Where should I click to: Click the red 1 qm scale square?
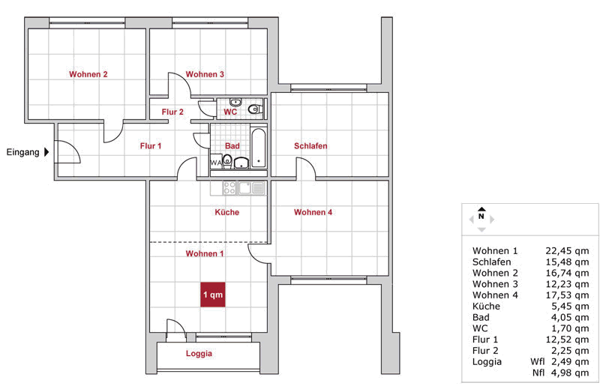tap(213, 295)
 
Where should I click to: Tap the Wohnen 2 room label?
tap(88, 74)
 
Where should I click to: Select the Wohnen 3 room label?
tap(205, 74)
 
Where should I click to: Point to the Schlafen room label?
tap(310, 145)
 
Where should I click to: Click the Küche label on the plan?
tap(227, 212)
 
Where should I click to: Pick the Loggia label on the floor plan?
tap(199, 353)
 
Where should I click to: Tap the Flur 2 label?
tap(172, 112)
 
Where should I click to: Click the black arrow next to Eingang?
tap(46, 152)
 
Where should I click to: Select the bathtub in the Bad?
tap(259, 148)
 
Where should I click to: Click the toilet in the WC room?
tap(255, 109)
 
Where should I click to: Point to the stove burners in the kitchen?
tap(229, 188)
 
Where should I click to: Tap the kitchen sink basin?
tap(244, 188)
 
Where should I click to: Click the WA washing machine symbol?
tap(216, 162)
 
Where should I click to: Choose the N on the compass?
tap(481, 217)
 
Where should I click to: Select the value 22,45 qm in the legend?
tap(567, 251)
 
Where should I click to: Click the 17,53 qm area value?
tap(567, 295)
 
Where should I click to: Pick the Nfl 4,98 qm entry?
tap(560, 373)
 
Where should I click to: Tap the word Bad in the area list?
tap(481, 318)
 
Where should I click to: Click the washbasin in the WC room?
tap(235, 102)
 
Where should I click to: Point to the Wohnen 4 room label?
tap(313, 212)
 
